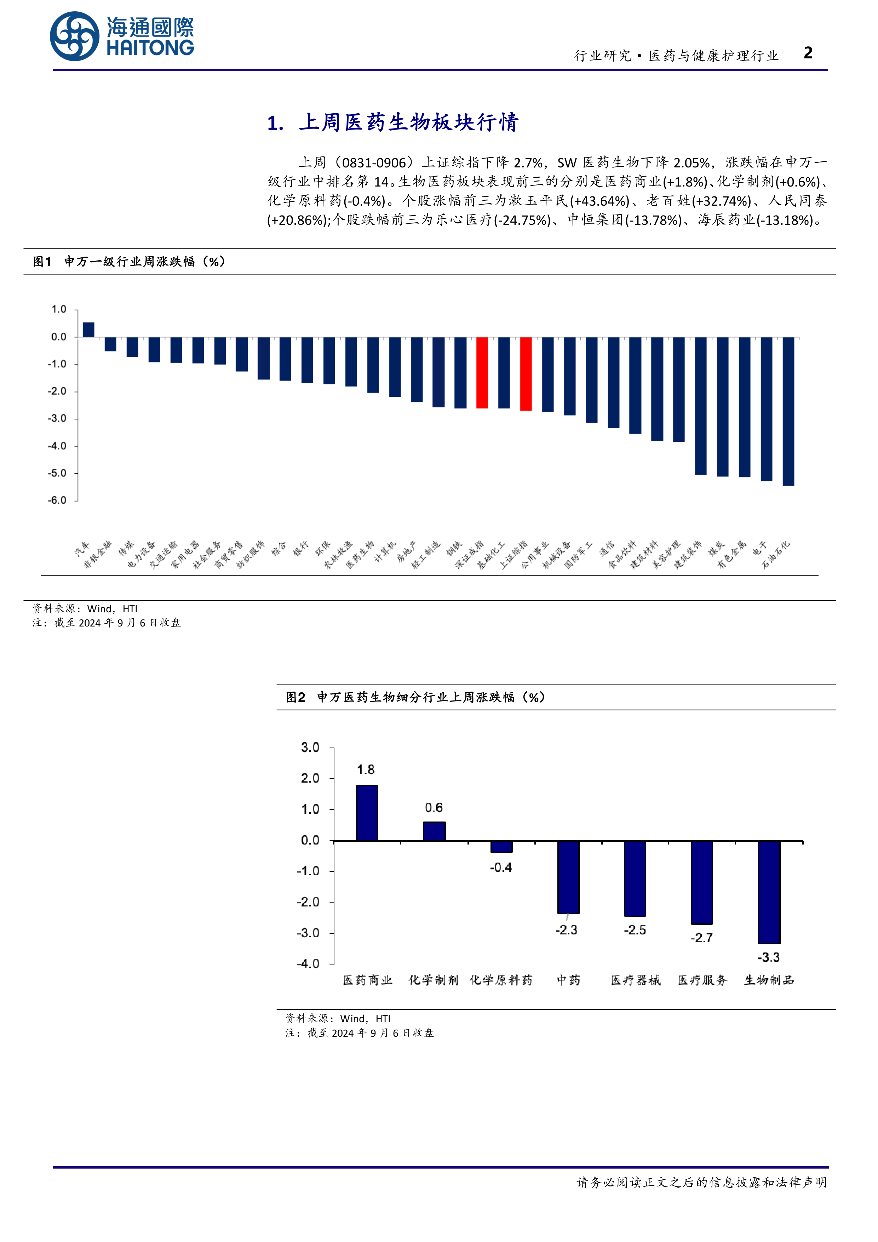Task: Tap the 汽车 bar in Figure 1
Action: (x=88, y=330)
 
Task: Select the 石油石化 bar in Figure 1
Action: (x=788, y=411)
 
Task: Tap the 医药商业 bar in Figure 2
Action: (x=367, y=813)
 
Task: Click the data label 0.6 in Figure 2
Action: (x=434, y=808)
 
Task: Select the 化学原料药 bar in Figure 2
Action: (x=501, y=847)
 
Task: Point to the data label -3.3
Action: (x=768, y=957)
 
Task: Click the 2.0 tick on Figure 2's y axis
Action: (x=310, y=778)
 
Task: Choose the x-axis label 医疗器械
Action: (x=636, y=980)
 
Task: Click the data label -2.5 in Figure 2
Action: (x=635, y=930)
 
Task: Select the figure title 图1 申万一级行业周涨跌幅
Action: (x=129, y=262)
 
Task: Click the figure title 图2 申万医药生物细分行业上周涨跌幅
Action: (x=415, y=697)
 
